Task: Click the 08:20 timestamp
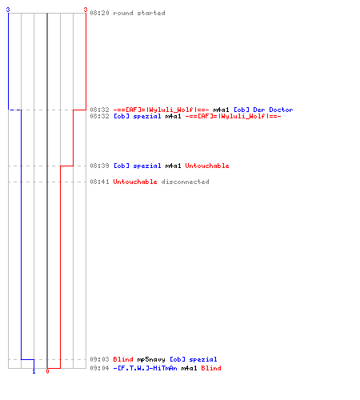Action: pos(99,13)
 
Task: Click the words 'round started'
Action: pos(139,13)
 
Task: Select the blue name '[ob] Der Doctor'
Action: pos(263,110)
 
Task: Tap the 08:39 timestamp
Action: pos(99,166)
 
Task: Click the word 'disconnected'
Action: pos(185,182)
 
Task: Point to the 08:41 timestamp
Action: pos(99,182)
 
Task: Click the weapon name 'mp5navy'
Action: pos(151,359)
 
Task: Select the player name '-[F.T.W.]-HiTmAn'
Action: pos(145,368)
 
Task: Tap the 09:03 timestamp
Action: pos(99,359)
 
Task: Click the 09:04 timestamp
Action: pos(99,368)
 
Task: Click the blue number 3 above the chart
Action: pos(8,10)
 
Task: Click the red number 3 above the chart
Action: pos(86,10)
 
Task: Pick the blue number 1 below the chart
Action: pos(34,371)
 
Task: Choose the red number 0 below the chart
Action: pos(47,371)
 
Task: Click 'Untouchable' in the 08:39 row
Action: pos(207,166)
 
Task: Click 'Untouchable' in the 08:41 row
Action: pos(135,182)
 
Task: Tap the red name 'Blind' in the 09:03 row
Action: pos(123,359)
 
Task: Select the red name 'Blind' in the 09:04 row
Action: pos(211,368)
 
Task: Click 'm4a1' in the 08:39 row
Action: pos(173,166)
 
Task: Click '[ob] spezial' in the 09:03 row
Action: pos(194,359)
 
